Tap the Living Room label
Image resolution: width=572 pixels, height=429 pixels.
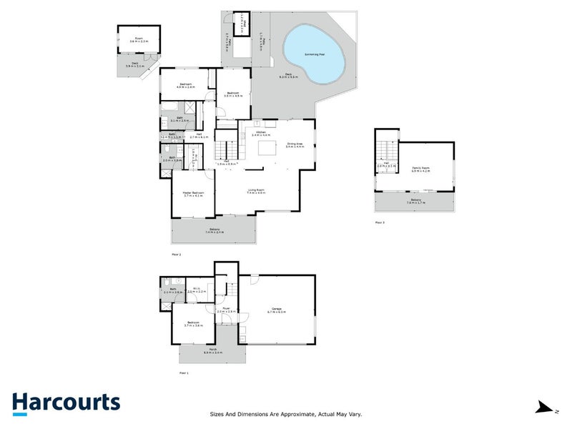(256, 190)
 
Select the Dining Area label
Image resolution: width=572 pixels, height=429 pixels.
(295, 144)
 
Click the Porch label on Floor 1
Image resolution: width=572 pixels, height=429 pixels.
(213, 350)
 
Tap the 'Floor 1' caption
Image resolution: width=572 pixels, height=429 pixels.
(184, 373)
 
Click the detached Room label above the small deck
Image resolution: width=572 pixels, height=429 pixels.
(138, 40)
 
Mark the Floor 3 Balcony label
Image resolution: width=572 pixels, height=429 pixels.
(415, 201)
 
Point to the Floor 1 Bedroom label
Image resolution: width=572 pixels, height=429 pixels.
(194, 323)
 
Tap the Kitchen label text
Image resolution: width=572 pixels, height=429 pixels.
(261, 132)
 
